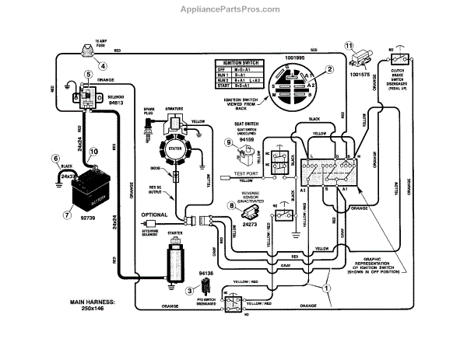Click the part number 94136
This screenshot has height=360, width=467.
pyautogui.click(x=205, y=274)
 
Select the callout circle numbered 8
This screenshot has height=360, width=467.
pyautogui.click(x=230, y=206)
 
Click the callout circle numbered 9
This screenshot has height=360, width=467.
pyautogui.click(x=228, y=142)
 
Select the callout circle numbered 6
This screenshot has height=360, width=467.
pyautogui.click(x=56, y=159)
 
